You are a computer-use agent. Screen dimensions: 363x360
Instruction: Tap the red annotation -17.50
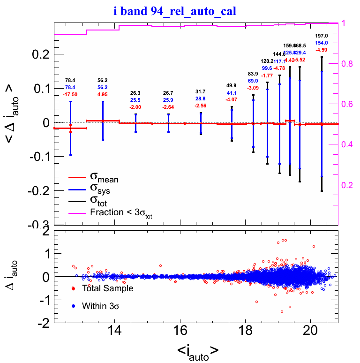coord(70,95)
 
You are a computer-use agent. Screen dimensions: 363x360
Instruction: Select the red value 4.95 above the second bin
coord(103,95)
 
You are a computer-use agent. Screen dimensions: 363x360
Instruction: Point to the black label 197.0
coord(321,36)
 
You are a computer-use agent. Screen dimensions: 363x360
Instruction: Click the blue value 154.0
coord(321,43)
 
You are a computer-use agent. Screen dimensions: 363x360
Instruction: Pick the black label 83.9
coord(253,74)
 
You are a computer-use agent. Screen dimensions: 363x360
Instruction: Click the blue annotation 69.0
coord(253,81)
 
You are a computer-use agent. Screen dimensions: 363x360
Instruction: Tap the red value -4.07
coord(232,99)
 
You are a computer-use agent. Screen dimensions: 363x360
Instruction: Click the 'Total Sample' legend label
coord(107,288)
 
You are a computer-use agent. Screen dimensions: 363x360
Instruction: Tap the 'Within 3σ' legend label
coord(100,306)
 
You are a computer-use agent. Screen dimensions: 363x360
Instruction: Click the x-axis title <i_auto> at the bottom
coord(197,351)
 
